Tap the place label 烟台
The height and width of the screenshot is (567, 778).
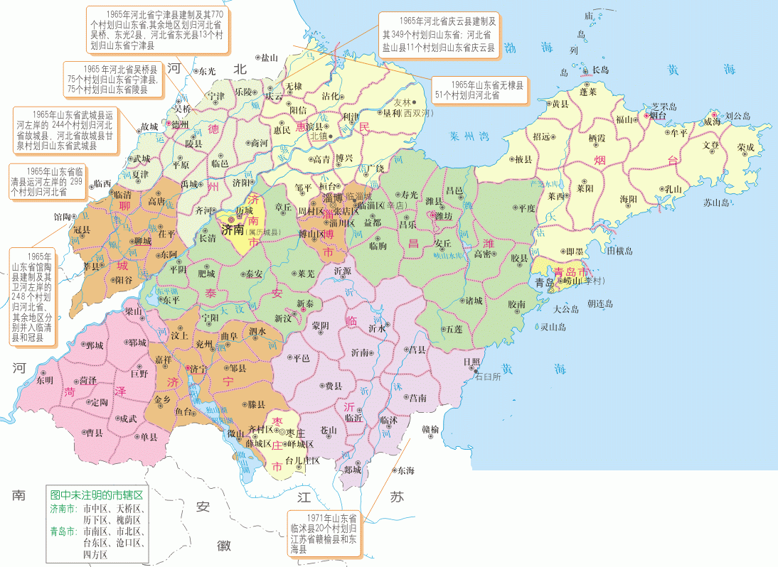[x=654, y=114]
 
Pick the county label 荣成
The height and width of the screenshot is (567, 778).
[x=745, y=147]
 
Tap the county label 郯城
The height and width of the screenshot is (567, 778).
[x=352, y=469]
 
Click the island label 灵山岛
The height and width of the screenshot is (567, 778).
[x=553, y=327]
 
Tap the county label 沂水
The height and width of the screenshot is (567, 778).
[x=377, y=328]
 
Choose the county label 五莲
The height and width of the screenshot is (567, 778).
[x=452, y=329]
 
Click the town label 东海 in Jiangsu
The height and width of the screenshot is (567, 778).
[x=405, y=470]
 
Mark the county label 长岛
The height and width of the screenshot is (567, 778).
[x=600, y=70]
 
